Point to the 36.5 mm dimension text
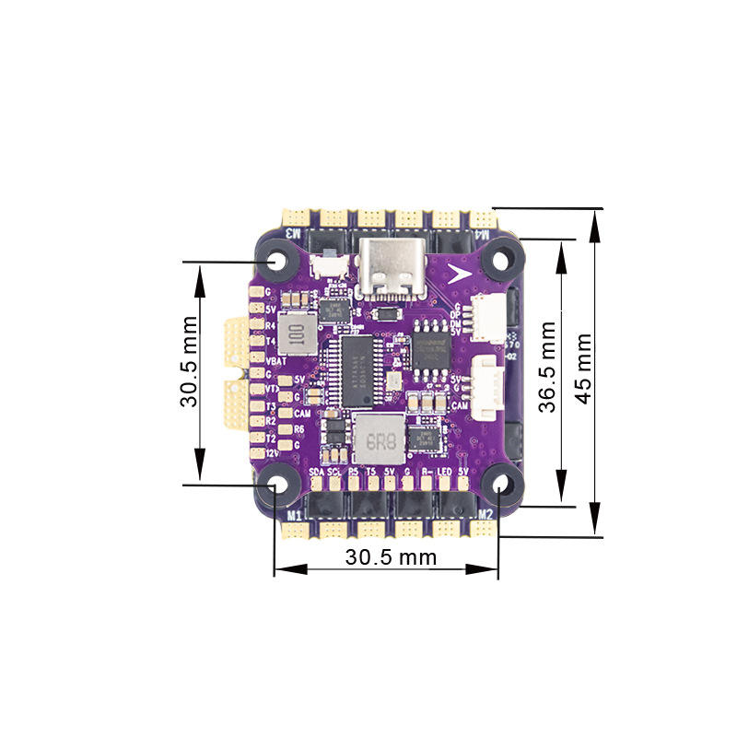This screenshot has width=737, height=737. coord(548,367)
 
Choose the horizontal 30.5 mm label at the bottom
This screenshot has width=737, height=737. coord(391,557)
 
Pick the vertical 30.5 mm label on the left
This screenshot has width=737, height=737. coord(190,362)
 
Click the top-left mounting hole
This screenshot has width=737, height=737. coord(276,262)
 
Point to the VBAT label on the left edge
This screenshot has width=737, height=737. coord(275,362)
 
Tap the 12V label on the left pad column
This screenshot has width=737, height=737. coord(272,452)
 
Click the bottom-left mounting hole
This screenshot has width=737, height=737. coord(276,485)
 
